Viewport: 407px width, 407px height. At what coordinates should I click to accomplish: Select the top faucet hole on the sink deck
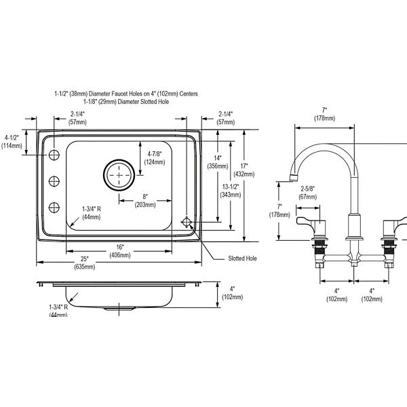tap(54, 155)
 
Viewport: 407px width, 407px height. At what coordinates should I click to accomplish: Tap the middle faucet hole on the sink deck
tap(54, 181)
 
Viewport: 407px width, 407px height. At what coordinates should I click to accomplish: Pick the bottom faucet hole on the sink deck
tap(54, 208)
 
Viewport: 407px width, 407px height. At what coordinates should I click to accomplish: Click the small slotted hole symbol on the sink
tap(187, 222)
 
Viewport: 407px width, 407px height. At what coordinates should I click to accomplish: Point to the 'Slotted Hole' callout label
tap(242, 258)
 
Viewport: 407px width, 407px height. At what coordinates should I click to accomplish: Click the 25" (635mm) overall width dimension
tap(85, 263)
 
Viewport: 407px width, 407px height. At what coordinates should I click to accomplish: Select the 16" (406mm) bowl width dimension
tap(120, 251)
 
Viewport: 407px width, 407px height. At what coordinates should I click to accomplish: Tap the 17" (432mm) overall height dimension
tap(244, 170)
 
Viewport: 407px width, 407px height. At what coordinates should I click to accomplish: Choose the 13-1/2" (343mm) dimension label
tap(231, 191)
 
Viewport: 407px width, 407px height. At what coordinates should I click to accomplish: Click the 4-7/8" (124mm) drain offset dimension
tap(155, 158)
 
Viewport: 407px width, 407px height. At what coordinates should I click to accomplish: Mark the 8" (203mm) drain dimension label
tap(145, 201)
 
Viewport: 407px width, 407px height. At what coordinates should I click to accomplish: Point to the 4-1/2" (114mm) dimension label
tap(12, 142)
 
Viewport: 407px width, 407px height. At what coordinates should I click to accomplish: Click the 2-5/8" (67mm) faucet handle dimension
tap(307, 193)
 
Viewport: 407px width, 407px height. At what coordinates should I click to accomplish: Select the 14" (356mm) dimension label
tap(218, 162)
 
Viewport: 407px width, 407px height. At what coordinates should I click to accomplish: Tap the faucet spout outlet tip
tap(293, 178)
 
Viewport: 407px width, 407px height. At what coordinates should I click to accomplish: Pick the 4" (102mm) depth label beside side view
tap(232, 293)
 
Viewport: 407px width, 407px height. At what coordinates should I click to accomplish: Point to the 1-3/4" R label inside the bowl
tap(92, 213)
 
